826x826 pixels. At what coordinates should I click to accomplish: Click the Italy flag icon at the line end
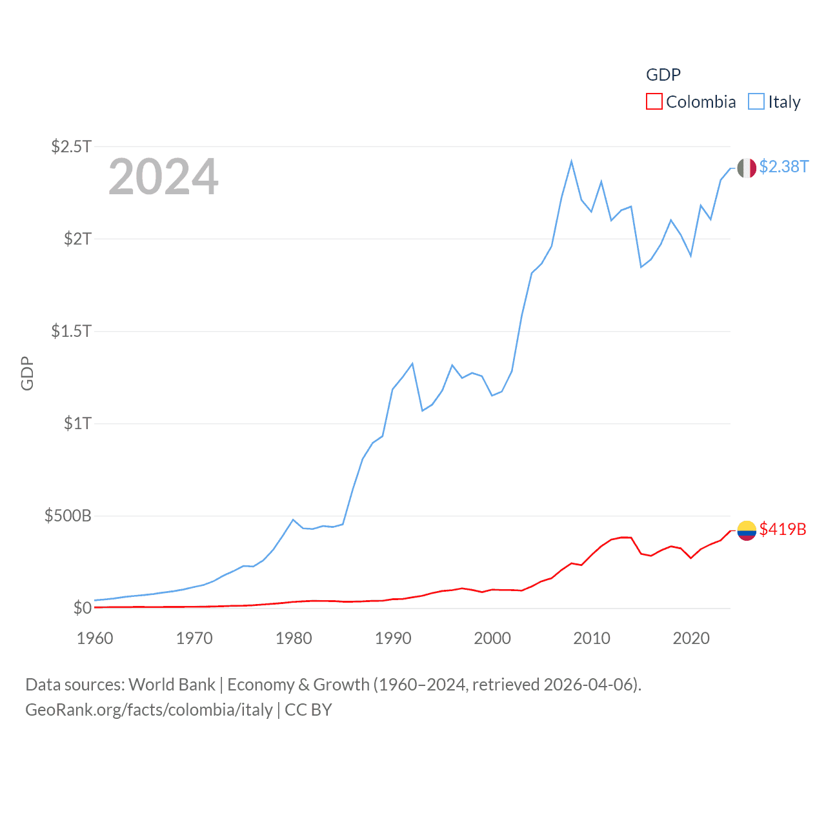point(747,168)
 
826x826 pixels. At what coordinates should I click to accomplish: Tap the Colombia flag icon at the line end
point(747,530)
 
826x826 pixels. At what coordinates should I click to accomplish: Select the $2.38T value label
point(783,166)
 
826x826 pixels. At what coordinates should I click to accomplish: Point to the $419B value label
point(783,529)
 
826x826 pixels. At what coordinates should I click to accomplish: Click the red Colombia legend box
point(654,102)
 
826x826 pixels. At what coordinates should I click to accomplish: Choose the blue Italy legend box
point(756,102)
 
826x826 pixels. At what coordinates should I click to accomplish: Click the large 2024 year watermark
point(163,177)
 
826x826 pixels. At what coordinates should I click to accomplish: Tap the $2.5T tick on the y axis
point(72,146)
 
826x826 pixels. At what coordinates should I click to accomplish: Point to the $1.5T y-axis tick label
point(72,331)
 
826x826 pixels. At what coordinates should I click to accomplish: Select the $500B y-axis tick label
point(68,516)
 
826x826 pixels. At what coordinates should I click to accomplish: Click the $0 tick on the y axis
point(83,608)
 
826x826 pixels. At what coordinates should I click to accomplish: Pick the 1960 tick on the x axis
point(95,638)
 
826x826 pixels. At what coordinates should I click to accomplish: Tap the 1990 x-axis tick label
point(393,638)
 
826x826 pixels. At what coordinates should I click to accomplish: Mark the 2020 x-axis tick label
point(691,638)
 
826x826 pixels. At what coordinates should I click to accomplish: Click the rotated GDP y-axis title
point(27,373)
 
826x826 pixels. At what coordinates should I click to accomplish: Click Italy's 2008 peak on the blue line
point(572,161)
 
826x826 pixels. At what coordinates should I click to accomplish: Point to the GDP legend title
point(663,75)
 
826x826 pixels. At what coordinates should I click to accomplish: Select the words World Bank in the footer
point(172,685)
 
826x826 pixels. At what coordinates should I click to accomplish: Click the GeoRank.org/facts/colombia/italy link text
point(149,710)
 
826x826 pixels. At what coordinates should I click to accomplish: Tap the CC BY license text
point(308,710)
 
